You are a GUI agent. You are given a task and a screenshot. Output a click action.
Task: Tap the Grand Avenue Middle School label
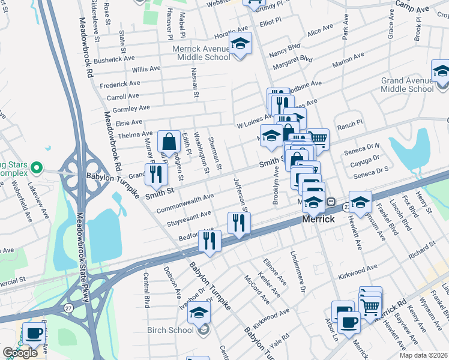coord(407,85)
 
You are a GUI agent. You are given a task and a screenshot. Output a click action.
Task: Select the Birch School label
coord(172,330)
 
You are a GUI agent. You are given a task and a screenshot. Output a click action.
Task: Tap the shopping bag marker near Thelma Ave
coord(169,143)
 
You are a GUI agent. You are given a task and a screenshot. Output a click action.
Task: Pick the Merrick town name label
coord(318,219)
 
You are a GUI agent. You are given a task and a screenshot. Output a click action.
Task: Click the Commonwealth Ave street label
coord(185,204)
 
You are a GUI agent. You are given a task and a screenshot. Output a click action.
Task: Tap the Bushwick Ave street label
coord(114,59)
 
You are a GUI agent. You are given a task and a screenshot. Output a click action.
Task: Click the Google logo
coord(20,353)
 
